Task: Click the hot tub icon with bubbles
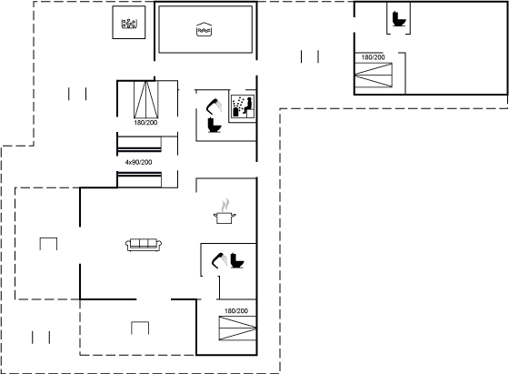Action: coord(129,24)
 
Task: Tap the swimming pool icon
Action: coord(205,29)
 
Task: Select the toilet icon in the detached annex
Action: coord(399,19)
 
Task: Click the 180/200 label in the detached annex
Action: coord(373,57)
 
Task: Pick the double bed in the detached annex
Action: coord(374,75)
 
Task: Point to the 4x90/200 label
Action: coord(138,162)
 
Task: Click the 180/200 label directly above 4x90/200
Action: coord(145,123)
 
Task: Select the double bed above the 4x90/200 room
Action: coord(146,99)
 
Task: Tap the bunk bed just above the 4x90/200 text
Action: coord(139,145)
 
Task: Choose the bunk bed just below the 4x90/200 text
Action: coord(139,179)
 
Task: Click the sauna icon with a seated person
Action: coord(243,106)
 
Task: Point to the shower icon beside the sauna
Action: coord(215,105)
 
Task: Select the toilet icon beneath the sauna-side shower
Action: coord(215,125)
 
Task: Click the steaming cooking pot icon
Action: coord(225,211)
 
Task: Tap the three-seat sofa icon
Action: coord(144,245)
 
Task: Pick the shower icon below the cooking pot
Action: coord(219,260)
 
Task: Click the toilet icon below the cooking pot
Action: coord(237,260)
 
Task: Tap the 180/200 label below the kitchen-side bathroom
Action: coord(236,311)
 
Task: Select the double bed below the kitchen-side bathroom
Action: coord(237,329)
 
